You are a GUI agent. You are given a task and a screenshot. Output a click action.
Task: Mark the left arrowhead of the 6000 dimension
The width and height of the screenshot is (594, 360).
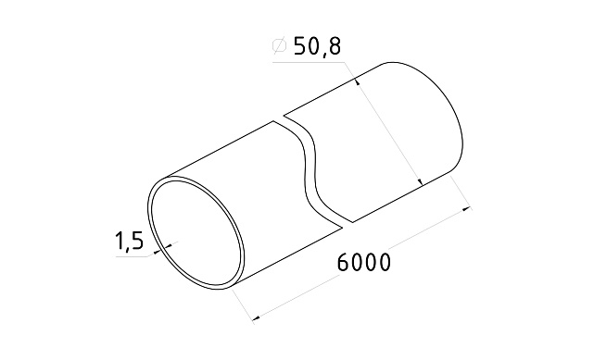pyautogui.click(x=258, y=317)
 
